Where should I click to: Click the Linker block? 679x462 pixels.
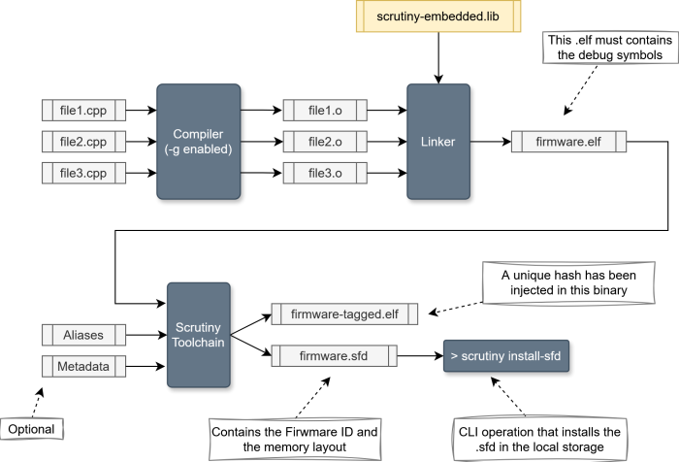pyautogui.click(x=438, y=142)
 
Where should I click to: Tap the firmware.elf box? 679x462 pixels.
pyautogui.click(x=570, y=142)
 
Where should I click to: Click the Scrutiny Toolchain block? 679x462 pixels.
pyautogui.click(x=198, y=335)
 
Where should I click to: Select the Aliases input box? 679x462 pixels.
pyautogui.click(x=81, y=335)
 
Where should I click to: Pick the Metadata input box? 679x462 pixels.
pyautogui.click(x=81, y=368)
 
